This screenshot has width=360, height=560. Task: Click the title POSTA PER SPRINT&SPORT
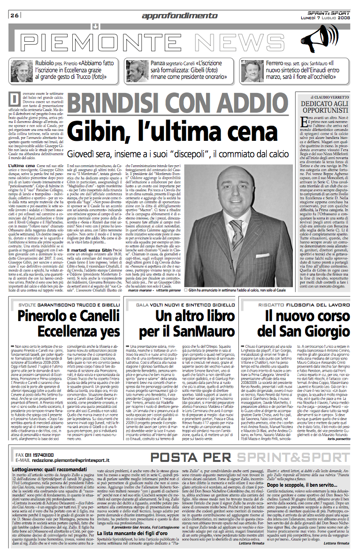coord(237,456)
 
